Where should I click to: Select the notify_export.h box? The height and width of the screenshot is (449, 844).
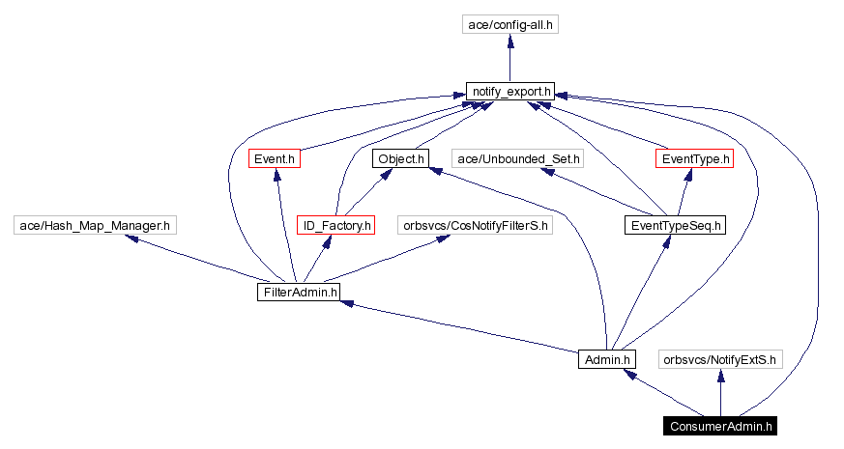click(510, 92)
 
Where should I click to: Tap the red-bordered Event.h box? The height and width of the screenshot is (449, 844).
click(275, 157)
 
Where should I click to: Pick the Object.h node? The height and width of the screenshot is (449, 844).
click(398, 157)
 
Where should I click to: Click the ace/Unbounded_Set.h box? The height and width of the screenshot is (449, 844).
click(519, 157)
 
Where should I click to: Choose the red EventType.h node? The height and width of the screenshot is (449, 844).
click(693, 157)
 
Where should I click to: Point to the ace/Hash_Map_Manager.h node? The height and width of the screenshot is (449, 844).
click(95, 225)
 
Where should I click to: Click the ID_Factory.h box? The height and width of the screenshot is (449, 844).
click(335, 225)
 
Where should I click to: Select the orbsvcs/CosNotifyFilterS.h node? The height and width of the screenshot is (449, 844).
click(476, 225)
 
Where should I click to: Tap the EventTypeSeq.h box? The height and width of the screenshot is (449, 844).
click(674, 225)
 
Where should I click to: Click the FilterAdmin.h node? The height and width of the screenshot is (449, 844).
click(299, 291)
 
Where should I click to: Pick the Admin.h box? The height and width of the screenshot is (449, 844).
click(607, 359)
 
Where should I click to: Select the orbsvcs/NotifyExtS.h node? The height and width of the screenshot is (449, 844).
click(719, 359)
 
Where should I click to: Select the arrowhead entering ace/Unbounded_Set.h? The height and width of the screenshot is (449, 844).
click(546, 171)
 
